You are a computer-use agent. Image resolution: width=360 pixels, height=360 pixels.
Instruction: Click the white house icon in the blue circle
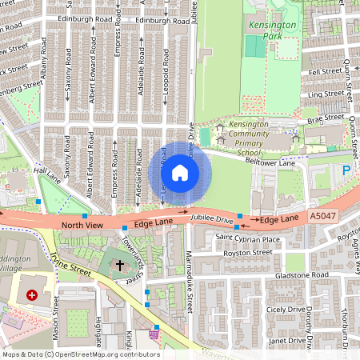pyautogui.click(x=179, y=173)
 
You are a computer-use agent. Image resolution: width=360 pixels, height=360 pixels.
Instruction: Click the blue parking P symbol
pyautogui.click(x=346, y=170)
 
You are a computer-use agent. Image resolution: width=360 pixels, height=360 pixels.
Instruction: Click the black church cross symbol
pyautogui.click(x=120, y=265)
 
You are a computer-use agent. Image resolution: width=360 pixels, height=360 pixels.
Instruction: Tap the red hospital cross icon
pyautogui.click(x=32, y=294)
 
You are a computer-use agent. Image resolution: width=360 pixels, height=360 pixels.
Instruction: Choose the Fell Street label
pyautogui.click(x=326, y=71)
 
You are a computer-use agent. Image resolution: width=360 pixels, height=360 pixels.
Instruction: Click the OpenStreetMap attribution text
pyautogui.click(x=80, y=354)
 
